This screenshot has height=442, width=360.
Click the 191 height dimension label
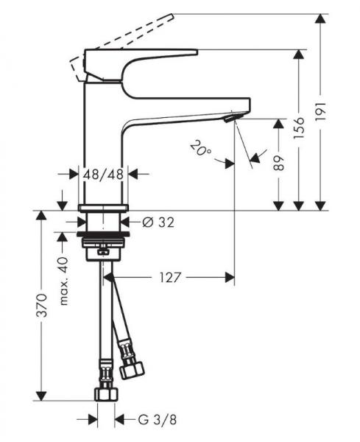pos(339,113)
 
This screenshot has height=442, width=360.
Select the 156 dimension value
pos(316,129)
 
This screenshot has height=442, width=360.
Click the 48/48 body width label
pos(104,175)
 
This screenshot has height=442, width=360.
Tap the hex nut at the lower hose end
pos(105,391)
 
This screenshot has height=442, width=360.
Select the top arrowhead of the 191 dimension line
pos(322,18)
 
